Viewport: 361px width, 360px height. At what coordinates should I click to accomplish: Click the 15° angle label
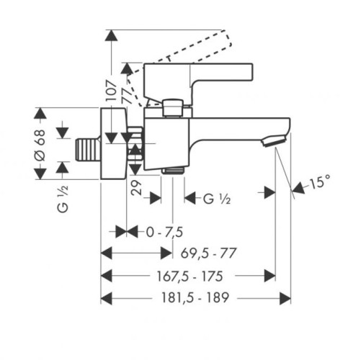click(x=319, y=184)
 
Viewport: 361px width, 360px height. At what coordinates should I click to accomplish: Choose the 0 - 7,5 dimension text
click(x=164, y=232)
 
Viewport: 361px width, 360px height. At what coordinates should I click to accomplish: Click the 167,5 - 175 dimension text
click(x=189, y=276)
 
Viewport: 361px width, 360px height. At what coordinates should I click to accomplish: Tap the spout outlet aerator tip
click(x=277, y=141)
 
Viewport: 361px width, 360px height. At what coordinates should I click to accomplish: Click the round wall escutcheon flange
click(x=113, y=144)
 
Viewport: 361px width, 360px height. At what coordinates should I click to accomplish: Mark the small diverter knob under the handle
click(x=173, y=108)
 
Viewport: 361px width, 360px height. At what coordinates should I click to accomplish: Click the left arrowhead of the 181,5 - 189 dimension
click(x=105, y=298)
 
